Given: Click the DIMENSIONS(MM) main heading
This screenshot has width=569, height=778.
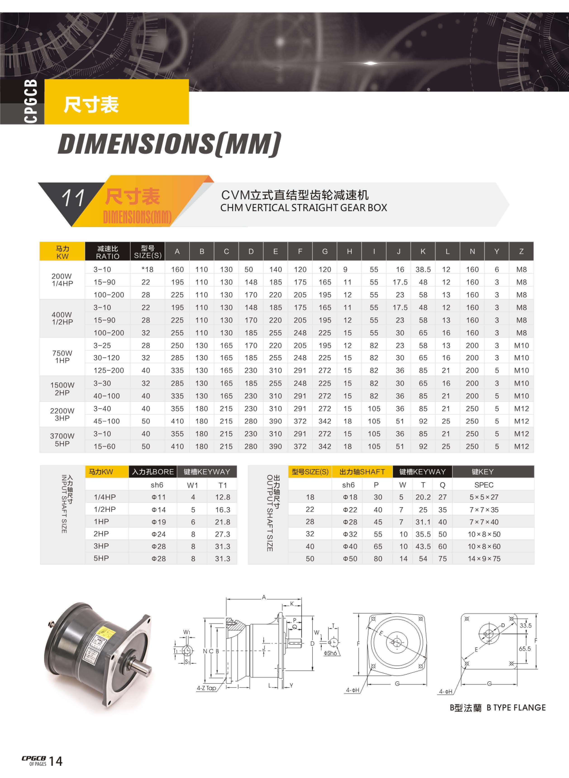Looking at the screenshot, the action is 169,144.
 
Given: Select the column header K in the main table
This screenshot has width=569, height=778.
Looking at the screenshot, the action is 423,251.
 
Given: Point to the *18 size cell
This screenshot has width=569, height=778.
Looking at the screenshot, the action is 147,270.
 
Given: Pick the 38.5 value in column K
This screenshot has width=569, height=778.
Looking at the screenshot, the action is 423,270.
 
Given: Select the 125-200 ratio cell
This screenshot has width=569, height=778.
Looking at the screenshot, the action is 109,370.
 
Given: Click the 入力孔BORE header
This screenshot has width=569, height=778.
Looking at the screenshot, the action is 153,472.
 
